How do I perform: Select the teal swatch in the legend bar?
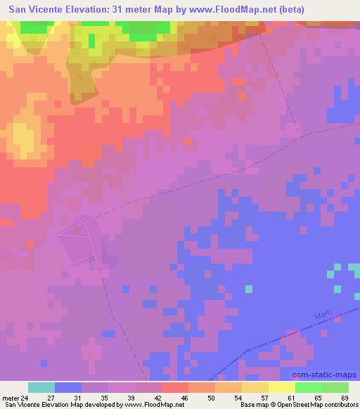click(x=41, y=387)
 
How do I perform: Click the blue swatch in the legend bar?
click(x=68, y=387)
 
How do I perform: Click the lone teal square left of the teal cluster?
click(x=248, y=288)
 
